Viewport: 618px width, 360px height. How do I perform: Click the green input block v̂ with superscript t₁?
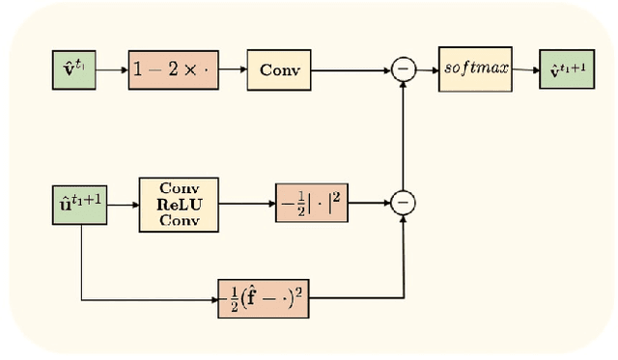click(73, 69)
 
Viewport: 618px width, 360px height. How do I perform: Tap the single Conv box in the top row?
click(278, 69)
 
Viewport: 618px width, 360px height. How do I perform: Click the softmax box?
click(473, 69)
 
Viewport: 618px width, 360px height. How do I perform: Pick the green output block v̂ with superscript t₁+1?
click(568, 69)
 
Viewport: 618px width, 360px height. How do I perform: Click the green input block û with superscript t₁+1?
click(79, 204)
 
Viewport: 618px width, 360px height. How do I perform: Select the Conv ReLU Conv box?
click(178, 204)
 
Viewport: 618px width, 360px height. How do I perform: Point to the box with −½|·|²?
click(308, 203)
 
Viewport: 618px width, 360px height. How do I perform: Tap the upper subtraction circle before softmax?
click(403, 69)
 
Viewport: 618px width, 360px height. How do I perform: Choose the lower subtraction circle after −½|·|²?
click(403, 203)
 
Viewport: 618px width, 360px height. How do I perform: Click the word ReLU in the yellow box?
click(178, 204)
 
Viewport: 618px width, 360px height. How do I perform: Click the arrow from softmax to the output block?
click(523, 69)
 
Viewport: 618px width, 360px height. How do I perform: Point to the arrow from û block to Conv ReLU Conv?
click(123, 204)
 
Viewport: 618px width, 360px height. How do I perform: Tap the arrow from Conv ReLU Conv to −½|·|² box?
click(245, 204)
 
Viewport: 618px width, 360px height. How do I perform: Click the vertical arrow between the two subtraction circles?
click(403, 135)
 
